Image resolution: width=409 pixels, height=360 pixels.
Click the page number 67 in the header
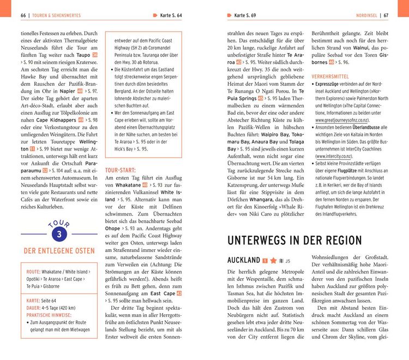386,15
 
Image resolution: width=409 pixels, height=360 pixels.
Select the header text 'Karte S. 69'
245,15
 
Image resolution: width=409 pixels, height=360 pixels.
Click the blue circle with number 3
58,234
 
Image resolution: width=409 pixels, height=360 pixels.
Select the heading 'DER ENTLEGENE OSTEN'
58,251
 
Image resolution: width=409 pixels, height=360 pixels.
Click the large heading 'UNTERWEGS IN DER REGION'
294,241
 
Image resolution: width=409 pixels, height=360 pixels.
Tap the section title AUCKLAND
243,261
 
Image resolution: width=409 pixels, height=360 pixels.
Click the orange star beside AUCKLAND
274,261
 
